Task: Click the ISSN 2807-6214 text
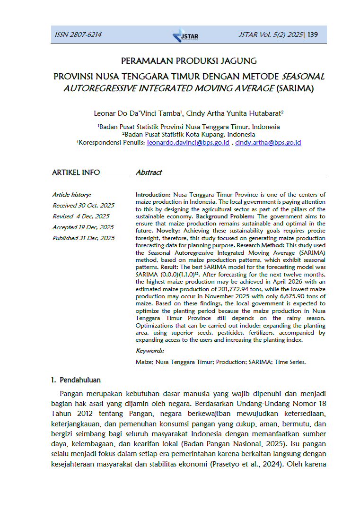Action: (78, 35)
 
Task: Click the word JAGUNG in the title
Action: (238, 61)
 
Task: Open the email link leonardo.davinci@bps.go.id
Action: (188, 142)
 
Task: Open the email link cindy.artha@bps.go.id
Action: (268, 142)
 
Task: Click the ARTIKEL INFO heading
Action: (76, 173)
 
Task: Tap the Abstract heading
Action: (149, 173)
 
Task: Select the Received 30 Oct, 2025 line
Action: (83, 205)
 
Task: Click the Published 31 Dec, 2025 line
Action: (83, 238)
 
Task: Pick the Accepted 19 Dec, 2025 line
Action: (83, 227)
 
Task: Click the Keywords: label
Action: (150, 351)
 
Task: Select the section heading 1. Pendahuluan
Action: (76, 380)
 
